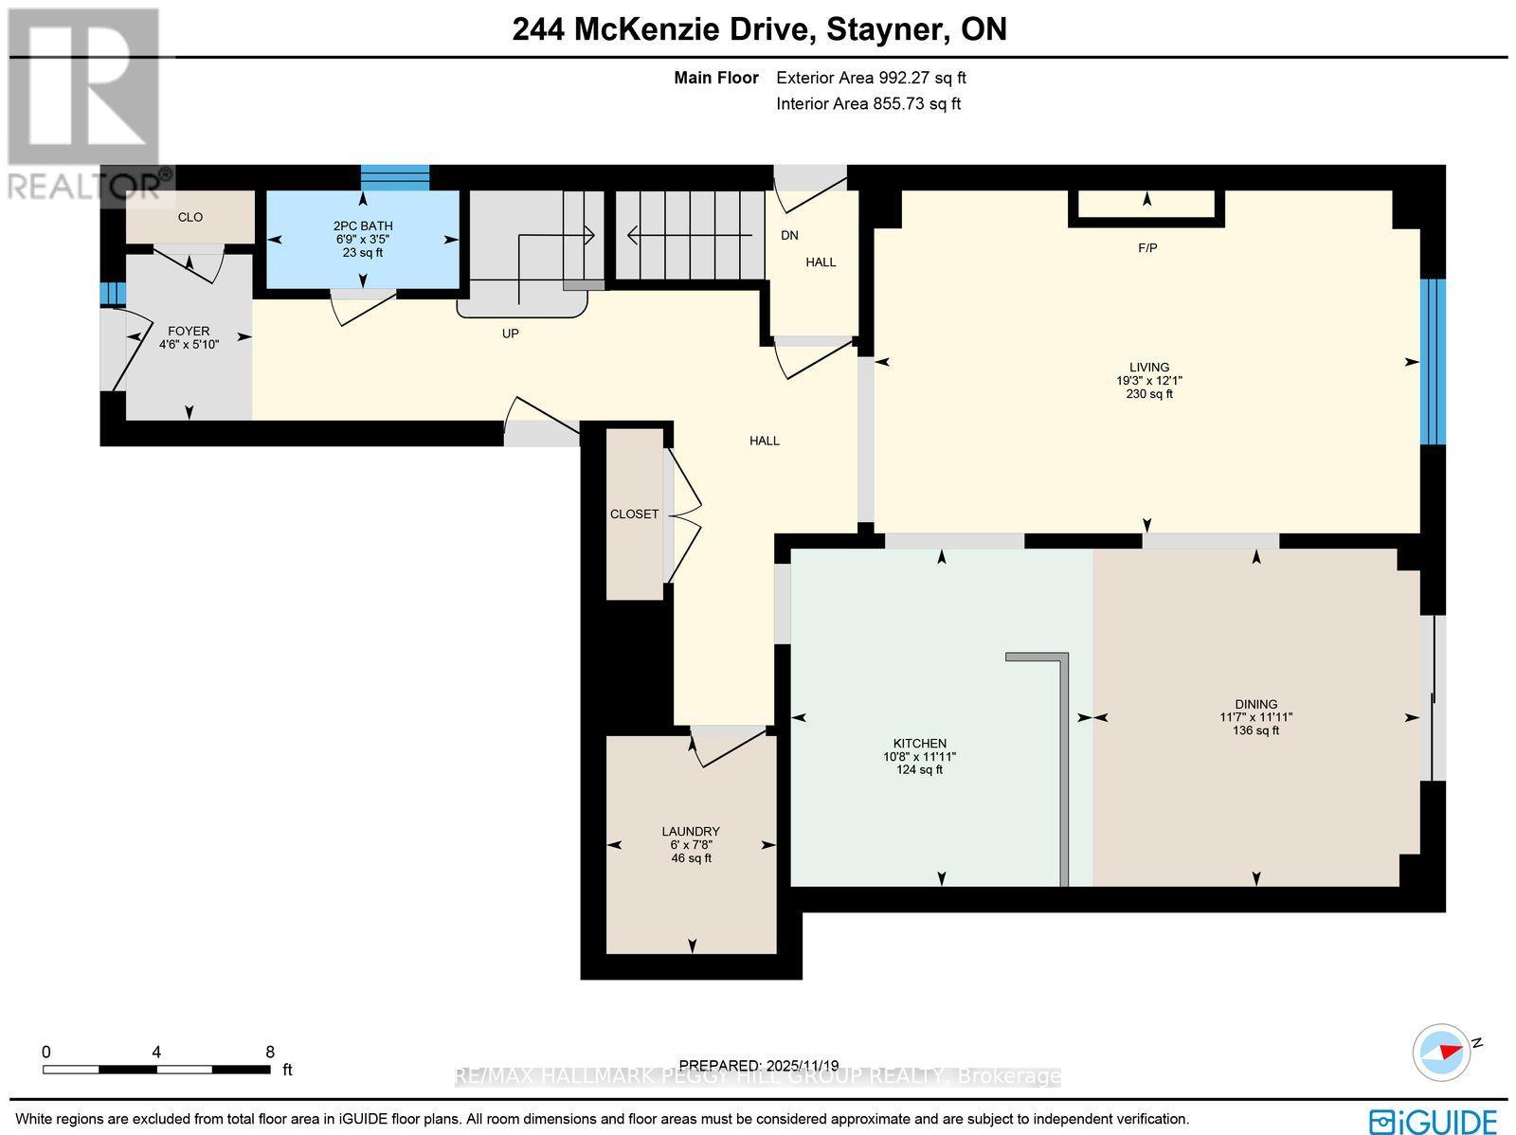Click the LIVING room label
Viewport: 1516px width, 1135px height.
[1148, 367]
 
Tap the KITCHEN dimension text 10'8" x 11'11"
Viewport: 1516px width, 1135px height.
[919, 757]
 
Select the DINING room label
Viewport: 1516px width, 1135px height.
[1256, 704]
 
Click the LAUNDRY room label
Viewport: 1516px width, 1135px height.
[691, 832]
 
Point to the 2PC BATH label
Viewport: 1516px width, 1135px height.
[362, 225]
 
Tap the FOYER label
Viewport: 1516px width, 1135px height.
[189, 331]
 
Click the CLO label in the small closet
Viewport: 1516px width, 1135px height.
[190, 217]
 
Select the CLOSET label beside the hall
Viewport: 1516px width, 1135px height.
[634, 513]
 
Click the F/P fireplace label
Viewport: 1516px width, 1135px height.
[1147, 248]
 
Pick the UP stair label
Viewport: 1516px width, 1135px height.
[511, 333]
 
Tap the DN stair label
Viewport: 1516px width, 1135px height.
[789, 235]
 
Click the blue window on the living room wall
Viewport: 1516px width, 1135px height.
[1434, 361]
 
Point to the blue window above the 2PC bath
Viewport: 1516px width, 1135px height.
[395, 177]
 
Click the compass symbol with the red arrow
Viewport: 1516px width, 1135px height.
[1440, 1052]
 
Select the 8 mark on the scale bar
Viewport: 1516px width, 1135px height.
[270, 1052]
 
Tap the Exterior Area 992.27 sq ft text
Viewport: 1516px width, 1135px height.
[871, 79]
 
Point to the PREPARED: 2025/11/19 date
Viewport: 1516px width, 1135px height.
[759, 1066]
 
